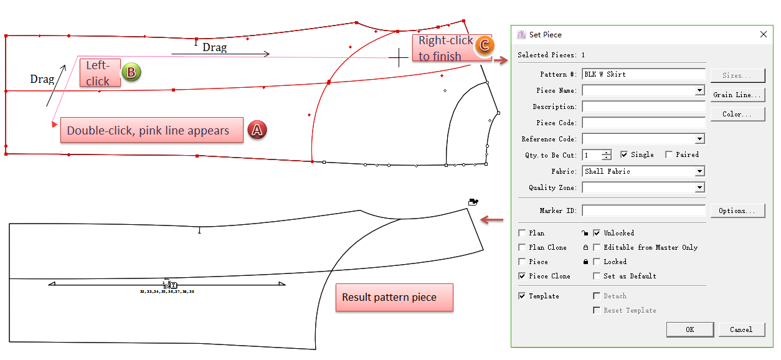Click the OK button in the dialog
click(x=689, y=329)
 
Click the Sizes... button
click(x=737, y=75)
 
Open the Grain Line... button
click(x=737, y=95)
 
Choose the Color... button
click(x=737, y=114)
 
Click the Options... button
click(x=737, y=211)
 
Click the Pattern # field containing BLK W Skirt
click(x=643, y=74)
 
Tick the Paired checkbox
click(x=669, y=154)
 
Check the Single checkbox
click(x=624, y=154)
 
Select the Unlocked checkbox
click(x=597, y=233)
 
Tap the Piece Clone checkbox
click(x=522, y=276)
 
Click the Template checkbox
click(x=522, y=296)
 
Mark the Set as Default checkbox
click(x=597, y=276)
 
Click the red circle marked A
click(x=257, y=130)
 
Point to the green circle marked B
click(x=131, y=72)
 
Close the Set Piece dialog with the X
click(x=764, y=35)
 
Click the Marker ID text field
click(x=643, y=211)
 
